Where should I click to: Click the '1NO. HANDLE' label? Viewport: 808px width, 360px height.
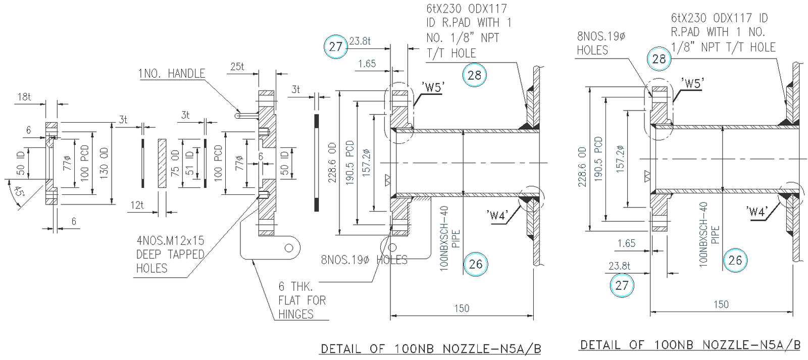pyautogui.click(x=172, y=74)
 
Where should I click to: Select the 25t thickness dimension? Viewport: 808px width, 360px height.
pyautogui.click(x=237, y=66)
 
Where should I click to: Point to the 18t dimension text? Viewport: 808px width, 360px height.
pyautogui.click(x=24, y=96)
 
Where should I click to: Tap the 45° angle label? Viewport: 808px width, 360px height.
pyautogui.click(x=19, y=192)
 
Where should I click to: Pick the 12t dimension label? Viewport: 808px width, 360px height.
pyautogui.click(x=137, y=205)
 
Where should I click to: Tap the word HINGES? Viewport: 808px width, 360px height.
pyautogui.click(x=296, y=314)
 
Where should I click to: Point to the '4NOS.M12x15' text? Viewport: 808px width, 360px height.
pyautogui.click(x=170, y=240)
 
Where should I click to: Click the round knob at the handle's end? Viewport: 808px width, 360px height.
pyautogui.click(x=237, y=116)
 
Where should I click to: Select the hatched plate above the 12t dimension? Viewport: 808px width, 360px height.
pyautogui.click(x=162, y=164)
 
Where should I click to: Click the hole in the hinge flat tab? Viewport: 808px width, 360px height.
pyautogui.click(x=289, y=248)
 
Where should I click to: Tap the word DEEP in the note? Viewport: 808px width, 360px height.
pyautogui.click(x=148, y=254)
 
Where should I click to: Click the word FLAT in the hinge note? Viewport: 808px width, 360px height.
pyautogui.click(x=289, y=300)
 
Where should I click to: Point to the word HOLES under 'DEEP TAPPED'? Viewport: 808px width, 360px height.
pyautogui.click(x=151, y=268)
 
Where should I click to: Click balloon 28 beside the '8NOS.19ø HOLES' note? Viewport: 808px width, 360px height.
pyautogui.click(x=659, y=59)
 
